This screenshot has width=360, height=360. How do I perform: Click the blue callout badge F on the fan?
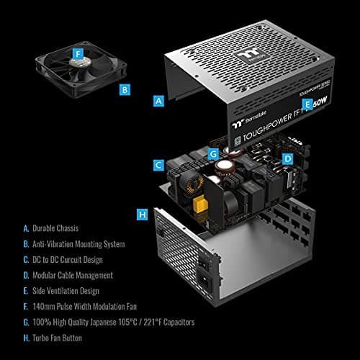pos(78,55)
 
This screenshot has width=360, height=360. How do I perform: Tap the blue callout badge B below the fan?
pos(125,90)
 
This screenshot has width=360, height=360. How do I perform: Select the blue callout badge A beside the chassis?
pos(159,102)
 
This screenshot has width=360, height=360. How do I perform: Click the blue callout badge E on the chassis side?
pos(307,104)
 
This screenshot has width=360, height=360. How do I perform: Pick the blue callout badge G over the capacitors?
pos(213,153)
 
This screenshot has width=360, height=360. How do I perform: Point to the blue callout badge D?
pos(287,158)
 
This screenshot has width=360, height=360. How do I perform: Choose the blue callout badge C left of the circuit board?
pos(158,165)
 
